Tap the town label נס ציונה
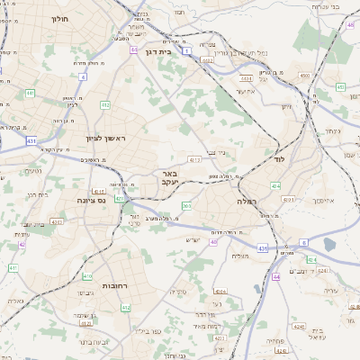(x=92, y=200)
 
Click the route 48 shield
(x=350, y=25)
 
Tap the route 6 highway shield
(x=303, y=242)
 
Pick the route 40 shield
(x=214, y=241)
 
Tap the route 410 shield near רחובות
(x=86, y=277)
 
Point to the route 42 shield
(x=22, y=244)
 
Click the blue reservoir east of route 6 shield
(x=329, y=244)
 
